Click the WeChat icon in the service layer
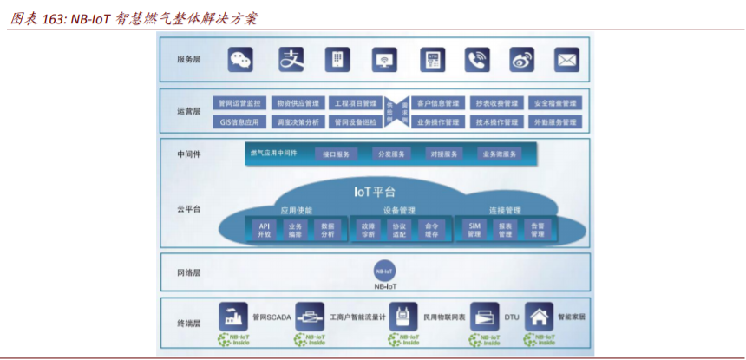[240, 59]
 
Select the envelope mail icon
[567, 59]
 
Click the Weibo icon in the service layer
[521, 59]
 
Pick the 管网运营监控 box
[239, 103]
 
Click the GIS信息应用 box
[239, 122]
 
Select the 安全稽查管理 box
[555, 103]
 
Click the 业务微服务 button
[499, 154]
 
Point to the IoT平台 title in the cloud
[375, 192]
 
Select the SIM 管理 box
[474, 229]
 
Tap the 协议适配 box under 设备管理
[399, 229]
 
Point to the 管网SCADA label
[272, 316]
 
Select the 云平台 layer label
[188, 209]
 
